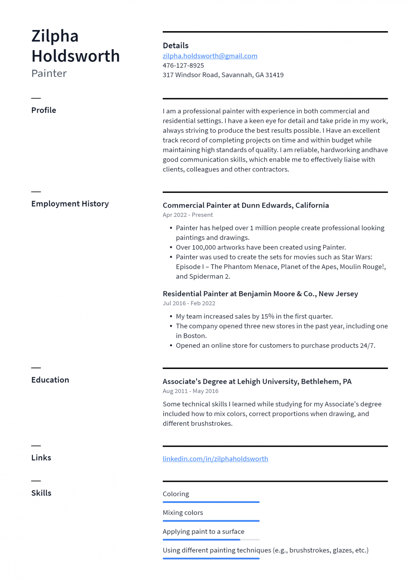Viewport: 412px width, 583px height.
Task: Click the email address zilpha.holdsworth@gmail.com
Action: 210,56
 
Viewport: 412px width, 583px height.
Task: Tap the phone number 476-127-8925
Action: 183,65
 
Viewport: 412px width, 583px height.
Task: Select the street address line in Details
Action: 223,75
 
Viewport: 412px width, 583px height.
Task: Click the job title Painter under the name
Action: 49,73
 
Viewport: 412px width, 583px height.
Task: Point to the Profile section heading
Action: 44,110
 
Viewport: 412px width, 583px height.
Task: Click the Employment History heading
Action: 70,204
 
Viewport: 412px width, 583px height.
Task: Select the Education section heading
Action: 50,380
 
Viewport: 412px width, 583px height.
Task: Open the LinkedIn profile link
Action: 215,459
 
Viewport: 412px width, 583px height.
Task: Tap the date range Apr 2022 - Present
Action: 188,215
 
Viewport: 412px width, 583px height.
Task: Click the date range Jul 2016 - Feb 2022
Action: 189,303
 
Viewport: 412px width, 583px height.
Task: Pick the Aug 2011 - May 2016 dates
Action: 190,391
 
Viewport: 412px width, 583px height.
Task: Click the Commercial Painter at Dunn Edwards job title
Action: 245,205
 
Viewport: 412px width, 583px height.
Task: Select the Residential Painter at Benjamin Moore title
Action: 260,294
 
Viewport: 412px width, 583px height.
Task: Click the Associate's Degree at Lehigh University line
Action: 257,381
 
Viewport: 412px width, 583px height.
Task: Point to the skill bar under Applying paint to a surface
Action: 211,539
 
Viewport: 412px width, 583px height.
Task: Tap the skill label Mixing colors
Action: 183,513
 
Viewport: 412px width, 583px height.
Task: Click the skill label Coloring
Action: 176,494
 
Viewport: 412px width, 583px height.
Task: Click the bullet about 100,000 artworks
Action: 261,247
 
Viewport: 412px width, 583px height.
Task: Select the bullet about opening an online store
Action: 275,345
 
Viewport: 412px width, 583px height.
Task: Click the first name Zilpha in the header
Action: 55,36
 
